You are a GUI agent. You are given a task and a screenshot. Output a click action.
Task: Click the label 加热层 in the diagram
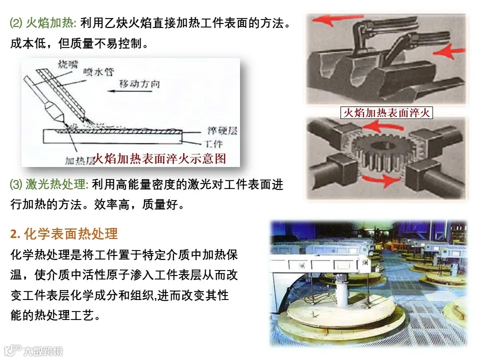pos(79,160)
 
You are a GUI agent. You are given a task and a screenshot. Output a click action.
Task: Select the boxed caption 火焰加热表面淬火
pos(386,113)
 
